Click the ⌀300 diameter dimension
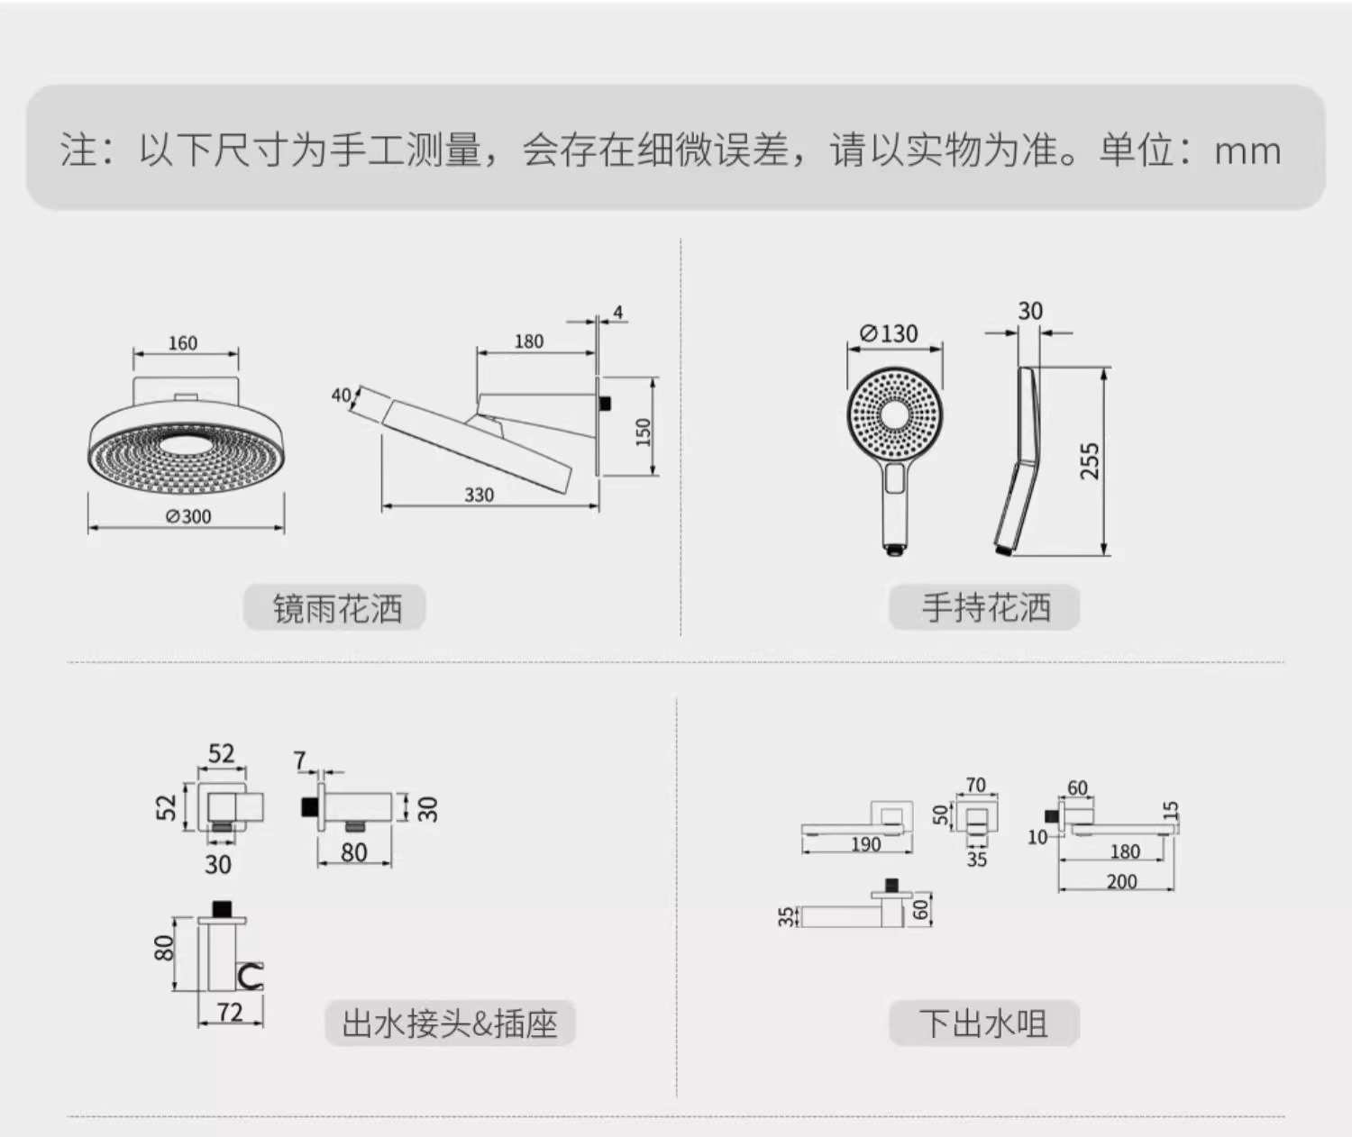[188, 516]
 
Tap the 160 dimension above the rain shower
[182, 343]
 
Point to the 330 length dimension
[479, 495]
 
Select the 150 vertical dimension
[643, 432]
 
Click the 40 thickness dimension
[342, 395]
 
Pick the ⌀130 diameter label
[889, 333]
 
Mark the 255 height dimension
[1091, 460]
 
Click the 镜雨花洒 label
[336, 609]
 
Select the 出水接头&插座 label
[450, 1023]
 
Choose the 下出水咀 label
[983, 1023]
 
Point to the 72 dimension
[230, 1012]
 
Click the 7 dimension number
[300, 761]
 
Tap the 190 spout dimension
[865, 844]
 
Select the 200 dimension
[1121, 881]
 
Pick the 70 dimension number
[975, 785]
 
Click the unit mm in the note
[1247, 151]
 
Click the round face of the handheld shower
[895, 414]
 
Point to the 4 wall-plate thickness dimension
[617, 313]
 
